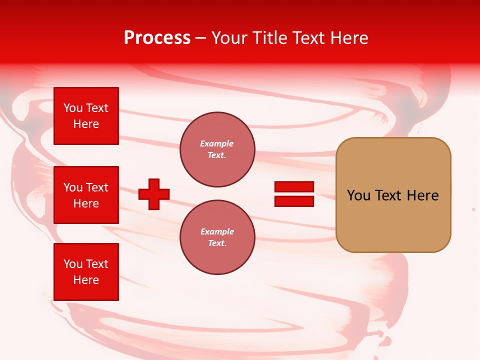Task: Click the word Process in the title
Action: pyautogui.click(x=157, y=38)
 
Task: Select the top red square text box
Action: pyautogui.click(x=86, y=116)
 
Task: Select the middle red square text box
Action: pyautogui.click(x=86, y=195)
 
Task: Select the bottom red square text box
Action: pyautogui.click(x=86, y=272)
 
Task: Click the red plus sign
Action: pyautogui.click(x=154, y=194)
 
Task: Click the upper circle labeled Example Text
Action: pyautogui.click(x=217, y=149)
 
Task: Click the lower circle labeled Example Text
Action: pyautogui.click(x=217, y=237)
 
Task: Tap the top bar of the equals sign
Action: pyautogui.click(x=294, y=187)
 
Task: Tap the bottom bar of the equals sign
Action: pyautogui.click(x=294, y=201)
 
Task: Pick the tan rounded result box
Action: pyautogui.click(x=393, y=220)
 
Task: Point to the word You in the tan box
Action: pyautogui.click(x=358, y=195)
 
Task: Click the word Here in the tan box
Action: pyautogui.click(x=422, y=195)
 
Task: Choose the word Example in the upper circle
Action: pyautogui.click(x=217, y=143)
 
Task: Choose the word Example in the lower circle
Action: pyautogui.click(x=217, y=231)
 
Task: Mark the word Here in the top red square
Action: pyautogui.click(x=86, y=124)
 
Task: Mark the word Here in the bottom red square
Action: pyautogui.click(x=86, y=280)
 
